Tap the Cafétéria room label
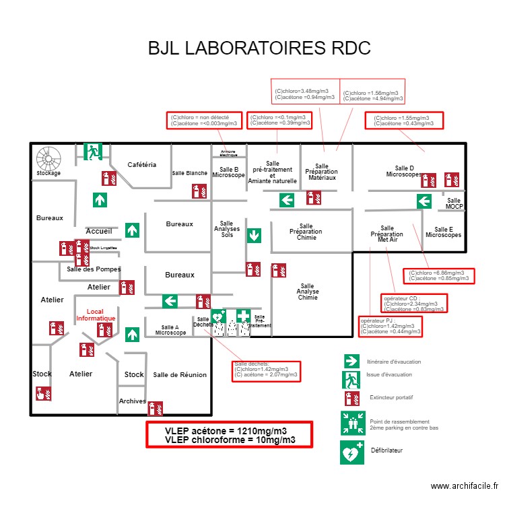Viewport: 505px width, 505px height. pyautogui.click(x=142, y=165)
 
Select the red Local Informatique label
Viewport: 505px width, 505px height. pyautogui.click(x=96, y=314)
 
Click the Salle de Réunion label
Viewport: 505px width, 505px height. pyautogui.click(x=180, y=375)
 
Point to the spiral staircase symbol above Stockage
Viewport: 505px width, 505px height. pyautogui.click(x=48, y=158)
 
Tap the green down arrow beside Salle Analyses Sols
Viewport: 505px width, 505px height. pyautogui.click(x=254, y=236)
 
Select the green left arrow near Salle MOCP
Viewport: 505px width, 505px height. pyautogui.click(x=424, y=201)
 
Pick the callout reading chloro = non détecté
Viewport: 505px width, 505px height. pyautogui.click(x=204, y=120)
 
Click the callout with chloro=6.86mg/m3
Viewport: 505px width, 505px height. pyautogui.click(x=440, y=275)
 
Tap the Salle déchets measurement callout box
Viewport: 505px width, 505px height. pyautogui.click(x=265, y=370)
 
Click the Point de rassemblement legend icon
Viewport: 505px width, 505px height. pyautogui.click(x=352, y=424)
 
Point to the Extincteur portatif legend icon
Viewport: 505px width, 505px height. pyautogui.click(x=349, y=398)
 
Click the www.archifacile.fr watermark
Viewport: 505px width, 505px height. pyautogui.click(x=465, y=485)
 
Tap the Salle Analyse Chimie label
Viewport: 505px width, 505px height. pyautogui.click(x=308, y=292)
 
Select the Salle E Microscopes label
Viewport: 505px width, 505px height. pyautogui.click(x=444, y=232)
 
